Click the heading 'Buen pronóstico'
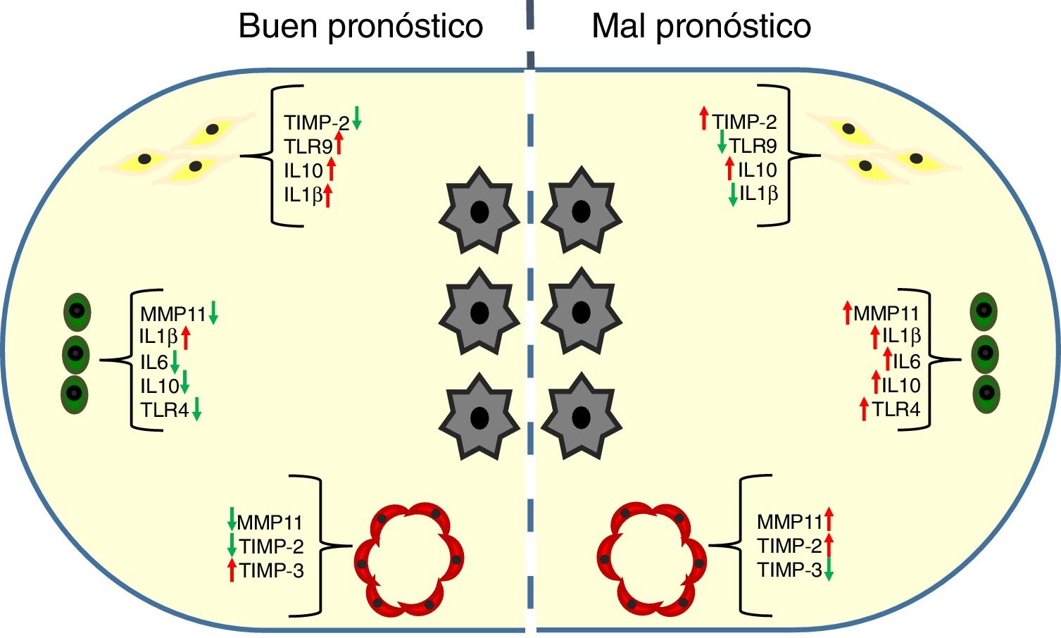(x=360, y=27)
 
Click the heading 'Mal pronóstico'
(x=701, y=27)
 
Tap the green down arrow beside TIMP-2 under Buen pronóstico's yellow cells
(x=357, y=117)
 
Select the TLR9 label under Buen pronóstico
(x=308, y=146)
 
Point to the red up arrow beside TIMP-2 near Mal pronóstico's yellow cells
(x=703, y=118)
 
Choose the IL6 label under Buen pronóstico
(x=153, y=362)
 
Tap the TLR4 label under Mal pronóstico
(x=896, y=409)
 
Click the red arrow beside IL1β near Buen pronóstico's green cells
(x=186, y=337)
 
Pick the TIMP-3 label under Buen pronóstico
(x=272, y=570)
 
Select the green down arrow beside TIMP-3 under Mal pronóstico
(x=829, y=569)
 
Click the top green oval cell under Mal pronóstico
(x=984, y=311)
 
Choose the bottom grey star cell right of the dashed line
(x=581, y=416)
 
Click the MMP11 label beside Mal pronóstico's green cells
(x=886, y=314)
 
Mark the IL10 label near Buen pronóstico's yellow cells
(x=303, y=170)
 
